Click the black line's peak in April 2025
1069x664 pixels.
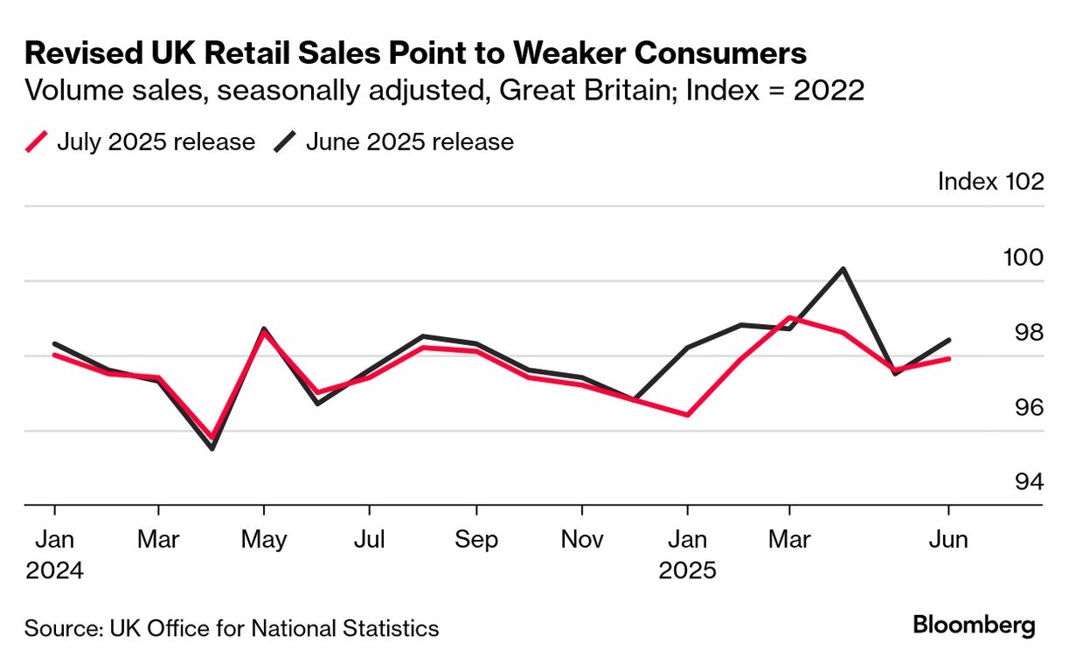tap(843, 268)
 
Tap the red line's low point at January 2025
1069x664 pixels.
tap(688, 414)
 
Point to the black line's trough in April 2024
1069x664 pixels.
tap(212, 448)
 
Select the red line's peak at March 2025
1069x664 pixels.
tap(790, 317)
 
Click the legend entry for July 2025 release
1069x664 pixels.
tap(140, 142)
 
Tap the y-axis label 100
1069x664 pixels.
tap(1023, 258)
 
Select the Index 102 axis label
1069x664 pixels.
tap(990, 182)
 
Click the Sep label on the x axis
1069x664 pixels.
tap(476, 540)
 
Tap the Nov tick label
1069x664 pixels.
tap(582, 540)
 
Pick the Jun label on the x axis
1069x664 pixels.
tap(949, 540)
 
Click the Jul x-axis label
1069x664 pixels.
tap(370, 540)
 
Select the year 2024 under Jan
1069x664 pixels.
tap(54, 571)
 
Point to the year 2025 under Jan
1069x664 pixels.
tap(688, 571)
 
